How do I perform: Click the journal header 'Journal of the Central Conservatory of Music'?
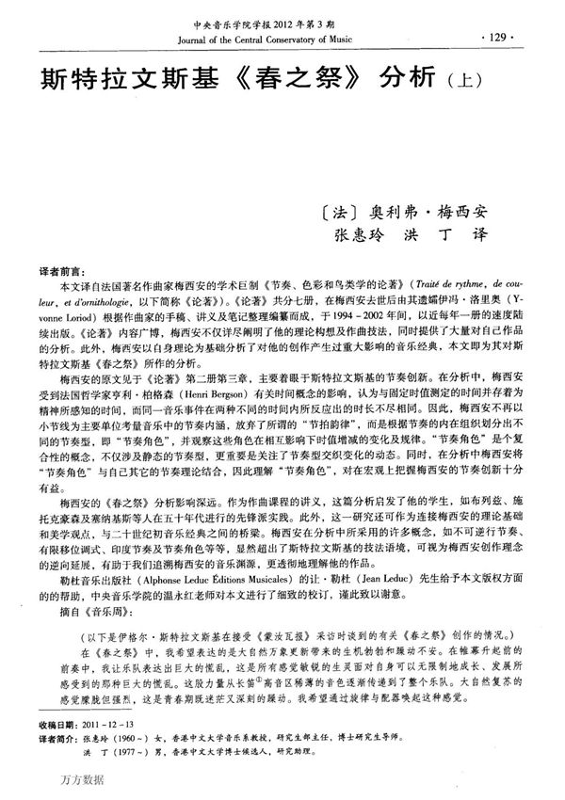pos(270,40)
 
